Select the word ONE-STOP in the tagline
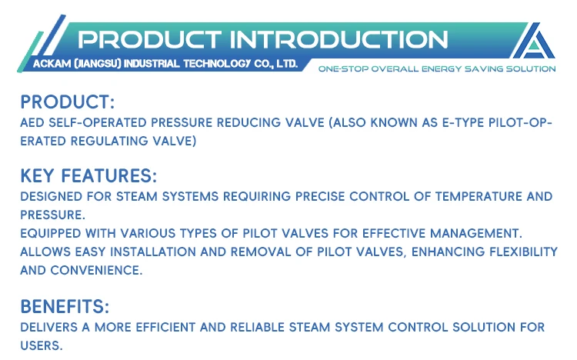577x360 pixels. click(341, 68)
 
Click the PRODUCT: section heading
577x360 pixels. click(68, 102)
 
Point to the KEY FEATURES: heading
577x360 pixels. click(89, 175)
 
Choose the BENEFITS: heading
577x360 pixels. click(65, 306)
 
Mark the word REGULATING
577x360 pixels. click(112, 141)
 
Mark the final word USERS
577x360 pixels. click(42, 345)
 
